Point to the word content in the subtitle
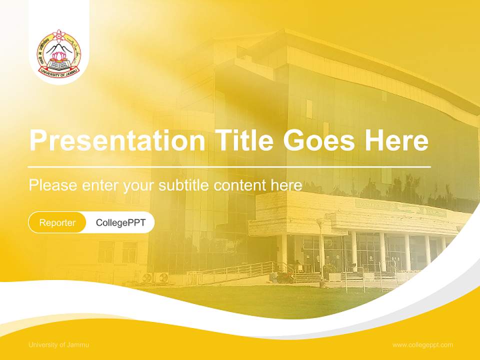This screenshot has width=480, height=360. (240, 185)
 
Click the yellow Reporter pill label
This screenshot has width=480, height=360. (57, 222)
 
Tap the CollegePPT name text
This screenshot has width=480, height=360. (120, 222)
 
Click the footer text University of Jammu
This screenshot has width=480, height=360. (59, 344)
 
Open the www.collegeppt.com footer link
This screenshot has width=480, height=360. (422, 344)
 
